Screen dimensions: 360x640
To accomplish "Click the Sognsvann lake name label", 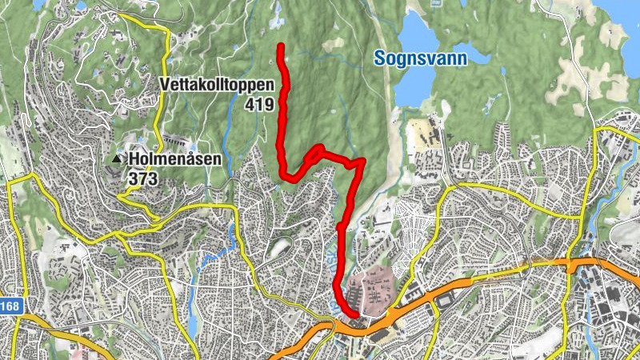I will [x=421, y=58].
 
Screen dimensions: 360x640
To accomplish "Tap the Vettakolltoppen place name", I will [x=217, y=85].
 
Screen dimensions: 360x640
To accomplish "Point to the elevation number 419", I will [x=261, y=105].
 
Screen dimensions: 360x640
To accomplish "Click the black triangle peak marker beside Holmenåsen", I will [x=118, y=159].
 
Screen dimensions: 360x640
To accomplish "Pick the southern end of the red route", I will [x=353, y=314].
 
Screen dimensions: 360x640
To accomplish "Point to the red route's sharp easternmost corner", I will [x=363, y=160].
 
